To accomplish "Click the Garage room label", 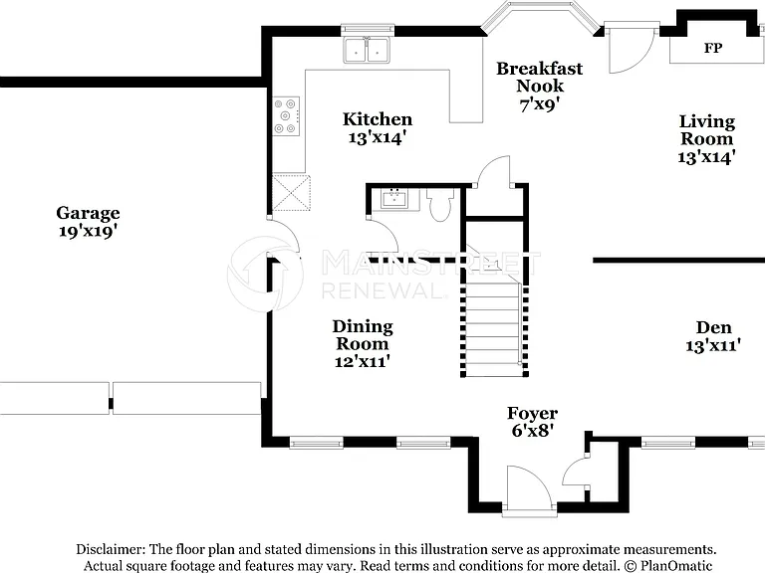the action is point(88,213).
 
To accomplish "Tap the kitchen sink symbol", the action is point(367,50).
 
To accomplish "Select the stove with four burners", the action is point(286,116).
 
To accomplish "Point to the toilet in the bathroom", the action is point(440,205).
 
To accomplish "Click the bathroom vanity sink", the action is point(394,199).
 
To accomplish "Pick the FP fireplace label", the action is point(713,48).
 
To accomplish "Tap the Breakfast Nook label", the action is point(540,77).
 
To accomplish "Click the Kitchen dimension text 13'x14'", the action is point(378,138).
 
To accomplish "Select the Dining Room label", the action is point(363,334).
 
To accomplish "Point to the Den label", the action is point(714,327).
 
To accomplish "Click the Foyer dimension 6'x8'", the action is point(532,430).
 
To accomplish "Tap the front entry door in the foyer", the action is point(529,488).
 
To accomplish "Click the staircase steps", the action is point(493,329).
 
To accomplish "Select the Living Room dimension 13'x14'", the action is point(706,157).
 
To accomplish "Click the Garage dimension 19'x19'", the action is point(88,231).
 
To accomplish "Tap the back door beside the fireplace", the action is point(631,48).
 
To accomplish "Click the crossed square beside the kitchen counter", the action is point(291,192).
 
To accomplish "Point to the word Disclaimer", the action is point(111,549).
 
